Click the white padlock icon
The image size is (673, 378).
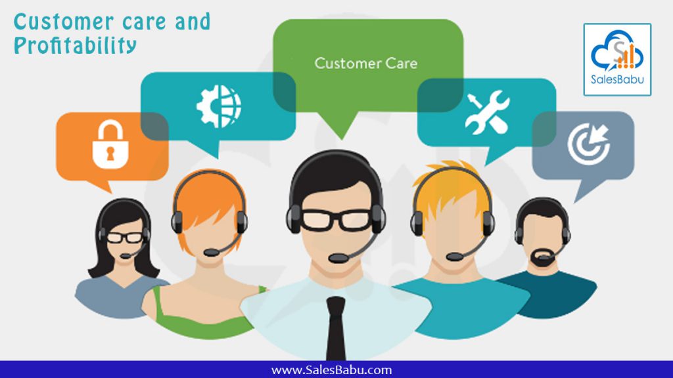tap(110, 144)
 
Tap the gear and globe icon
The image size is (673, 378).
tap(218, 106)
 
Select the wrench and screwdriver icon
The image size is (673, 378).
tap(487, 112)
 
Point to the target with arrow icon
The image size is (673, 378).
tap(588, 144)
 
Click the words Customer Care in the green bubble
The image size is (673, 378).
tap(365, 64)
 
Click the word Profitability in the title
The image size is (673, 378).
tap(75, 45)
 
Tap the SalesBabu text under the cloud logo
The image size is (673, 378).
tap(617, 79)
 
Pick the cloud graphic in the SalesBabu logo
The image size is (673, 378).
tap(617, 51)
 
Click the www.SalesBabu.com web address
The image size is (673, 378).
tap(331, 370)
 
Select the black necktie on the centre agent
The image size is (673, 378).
tap(336, 328)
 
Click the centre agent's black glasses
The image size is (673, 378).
tap(336, 219)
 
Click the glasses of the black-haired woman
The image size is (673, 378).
tap(124, 238)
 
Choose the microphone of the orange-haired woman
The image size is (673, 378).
tap(212, 253)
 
